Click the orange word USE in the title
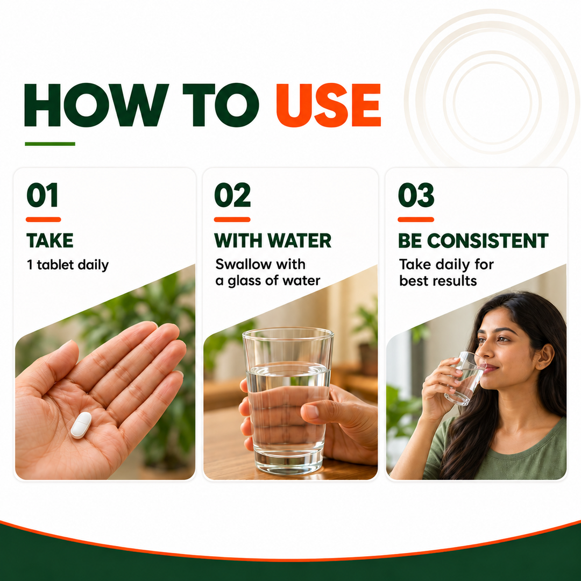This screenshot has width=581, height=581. [329, 105]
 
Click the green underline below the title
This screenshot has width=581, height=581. [50, 144]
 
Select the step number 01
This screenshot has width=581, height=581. [42, 195]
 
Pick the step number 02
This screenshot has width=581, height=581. [232, 195]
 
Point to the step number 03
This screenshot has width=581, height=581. [416, 195]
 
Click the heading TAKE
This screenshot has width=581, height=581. [50, 240]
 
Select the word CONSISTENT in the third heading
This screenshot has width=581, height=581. [487, 240]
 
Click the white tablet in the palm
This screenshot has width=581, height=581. [81, 425]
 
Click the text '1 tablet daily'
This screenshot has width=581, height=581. [68, 265]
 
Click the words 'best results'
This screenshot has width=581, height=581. [438, 281]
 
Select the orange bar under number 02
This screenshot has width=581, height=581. [232, 219]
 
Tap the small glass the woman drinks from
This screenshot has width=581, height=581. [464, 379]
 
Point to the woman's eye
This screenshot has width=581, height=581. [504, 339]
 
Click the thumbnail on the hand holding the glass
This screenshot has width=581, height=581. [310, 412]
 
